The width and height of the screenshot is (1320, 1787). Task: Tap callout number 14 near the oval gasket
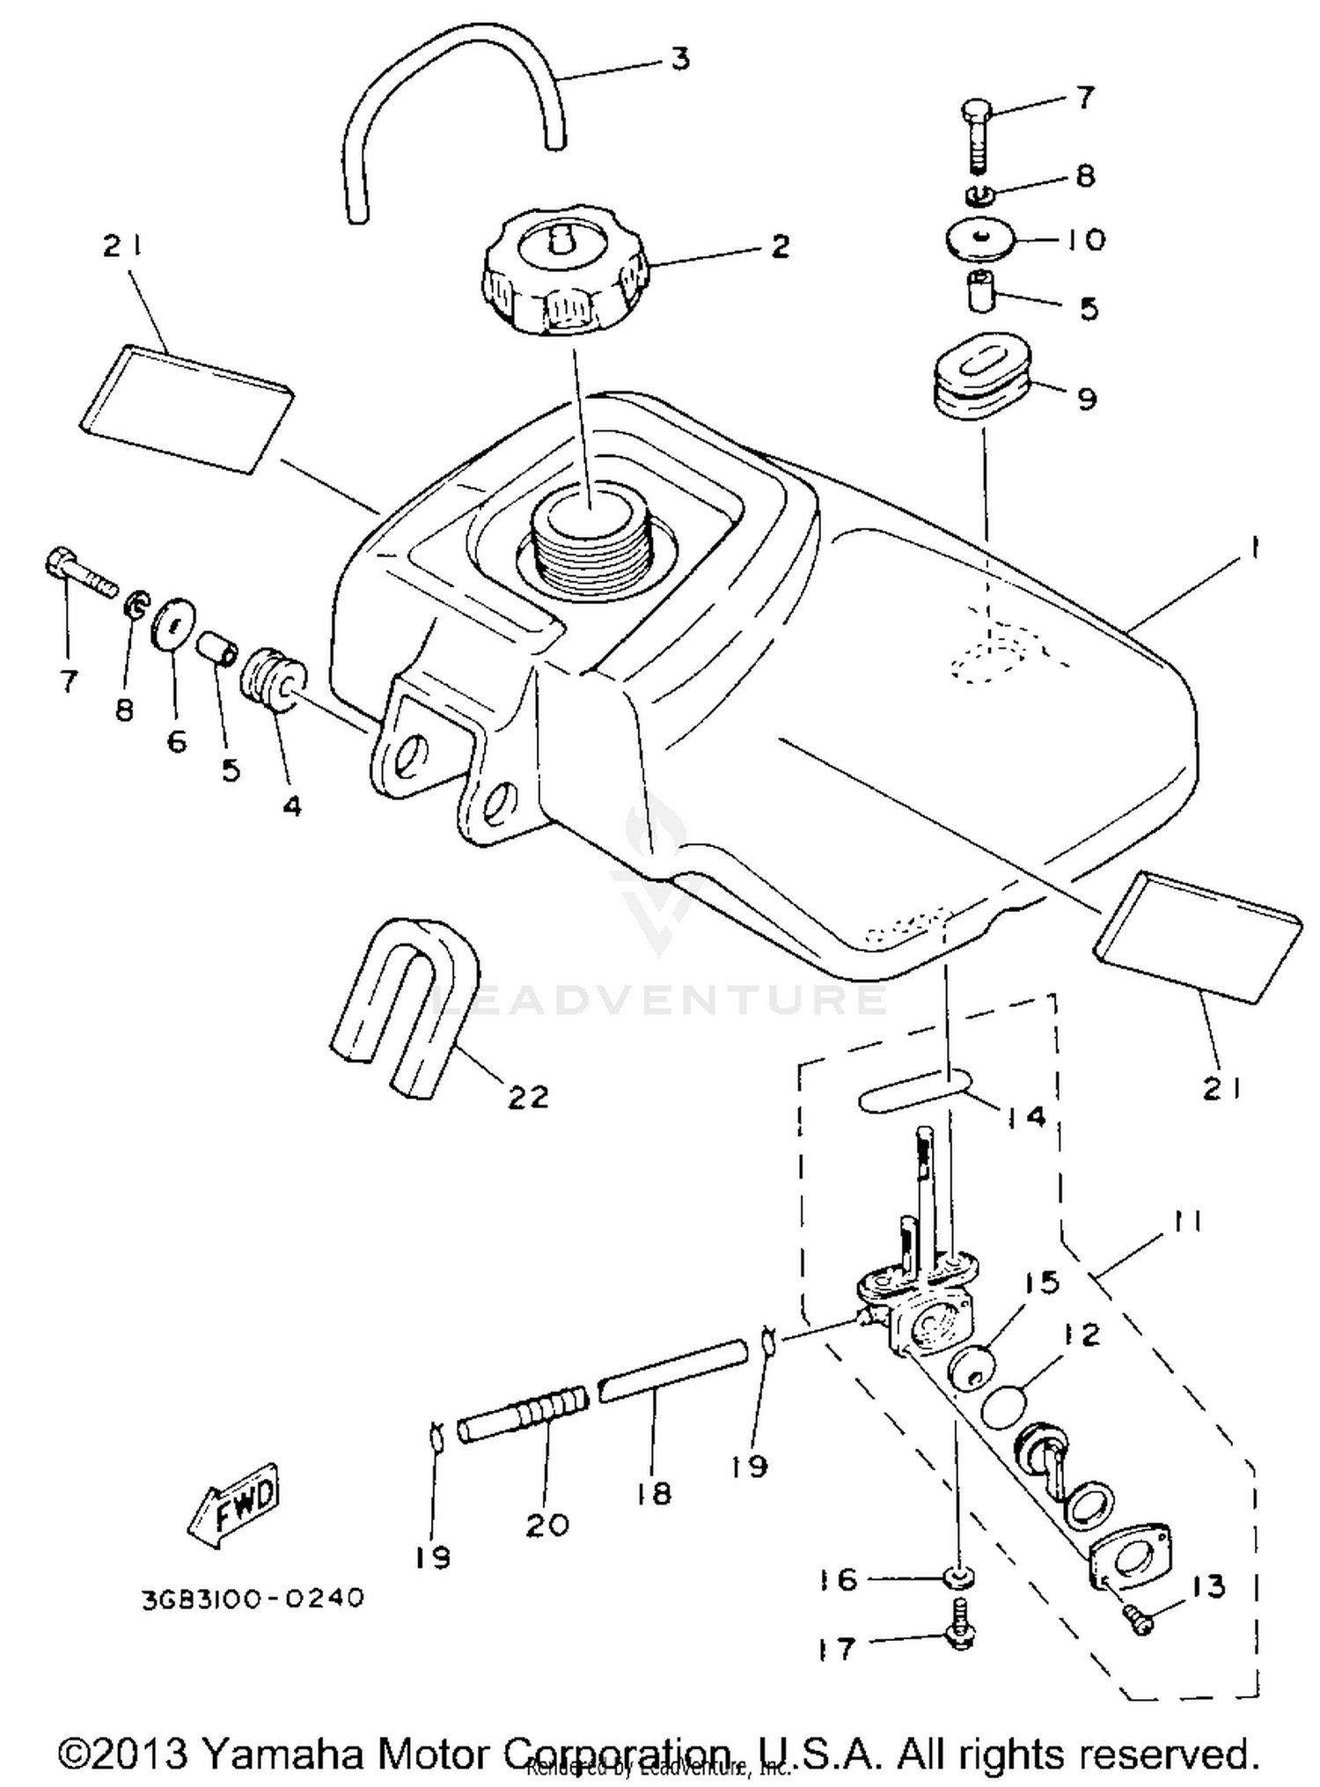(x=1025, y=1116)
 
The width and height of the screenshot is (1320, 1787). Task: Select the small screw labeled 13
(x=1140, y=1618)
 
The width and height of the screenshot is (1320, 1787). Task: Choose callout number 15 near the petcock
(x=1041, y=1283)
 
